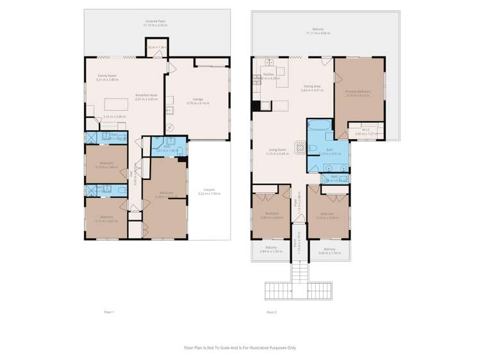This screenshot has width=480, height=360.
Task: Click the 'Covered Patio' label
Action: point(157,21)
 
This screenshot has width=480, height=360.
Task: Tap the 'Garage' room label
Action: point(198,99)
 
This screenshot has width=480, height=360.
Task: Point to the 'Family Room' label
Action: point(106,76)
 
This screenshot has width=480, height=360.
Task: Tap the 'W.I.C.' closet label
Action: point(366,130)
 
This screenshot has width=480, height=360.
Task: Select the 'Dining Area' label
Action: point(312,86)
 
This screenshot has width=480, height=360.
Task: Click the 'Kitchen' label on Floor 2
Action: point(269,74)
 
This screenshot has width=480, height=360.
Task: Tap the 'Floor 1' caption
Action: point(109,312)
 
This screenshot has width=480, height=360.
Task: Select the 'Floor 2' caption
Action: point(271,312)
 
